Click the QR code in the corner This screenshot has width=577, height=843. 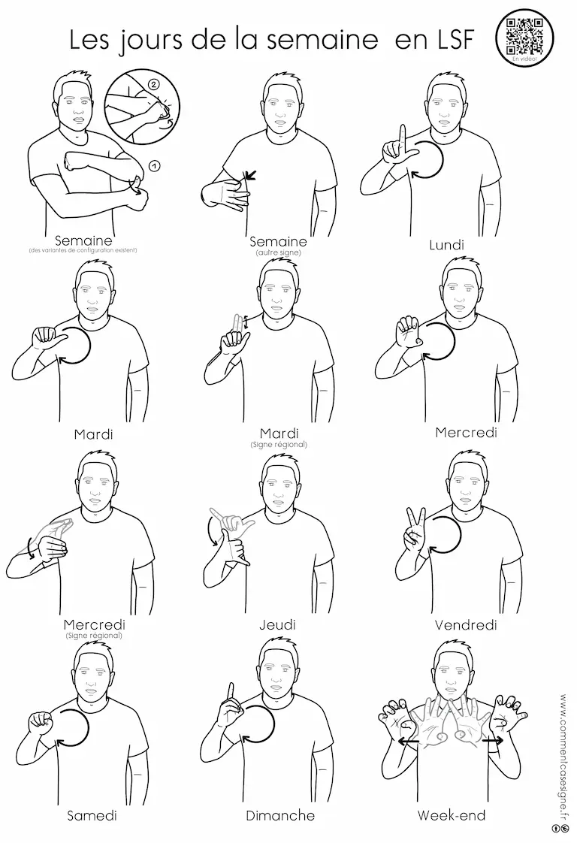pos(525,35)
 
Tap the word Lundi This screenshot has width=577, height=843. pos(446,245)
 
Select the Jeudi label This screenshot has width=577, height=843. pos(277,624)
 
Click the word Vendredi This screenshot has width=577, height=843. pos(466,624)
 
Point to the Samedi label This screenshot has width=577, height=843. pos(92,816)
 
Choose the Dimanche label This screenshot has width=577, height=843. pos(280,816)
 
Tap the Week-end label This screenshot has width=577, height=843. pos(452,816)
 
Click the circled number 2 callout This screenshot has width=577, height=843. pos(153,85)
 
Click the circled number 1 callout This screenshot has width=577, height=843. pos(153,167)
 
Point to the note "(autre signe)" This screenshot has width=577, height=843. pos(279,252)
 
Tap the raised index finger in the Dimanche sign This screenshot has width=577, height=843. pos(230,694)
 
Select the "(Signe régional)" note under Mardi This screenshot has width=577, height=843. pos(279,445)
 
